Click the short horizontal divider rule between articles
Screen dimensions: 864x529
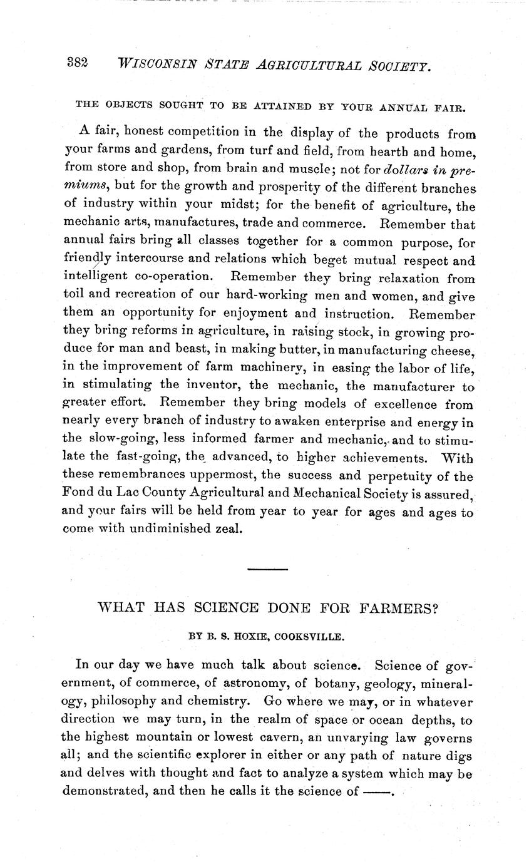click(267, 569)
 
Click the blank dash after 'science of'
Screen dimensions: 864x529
click(376, 791)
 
